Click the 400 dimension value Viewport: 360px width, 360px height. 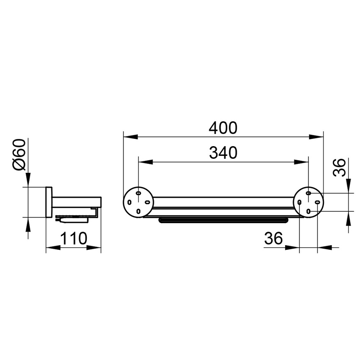(223, 128)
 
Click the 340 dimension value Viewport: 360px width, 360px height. (223, 153)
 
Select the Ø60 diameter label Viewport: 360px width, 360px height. (19, 155)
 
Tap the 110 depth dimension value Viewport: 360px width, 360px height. (73, 238)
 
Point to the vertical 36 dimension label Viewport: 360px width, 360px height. (339, 167)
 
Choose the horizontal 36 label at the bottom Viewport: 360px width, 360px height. (274, 238)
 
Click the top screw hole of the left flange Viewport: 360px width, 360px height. (138, 193)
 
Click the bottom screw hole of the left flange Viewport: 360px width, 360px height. (138, 211)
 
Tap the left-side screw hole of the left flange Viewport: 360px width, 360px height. (130, 202)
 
